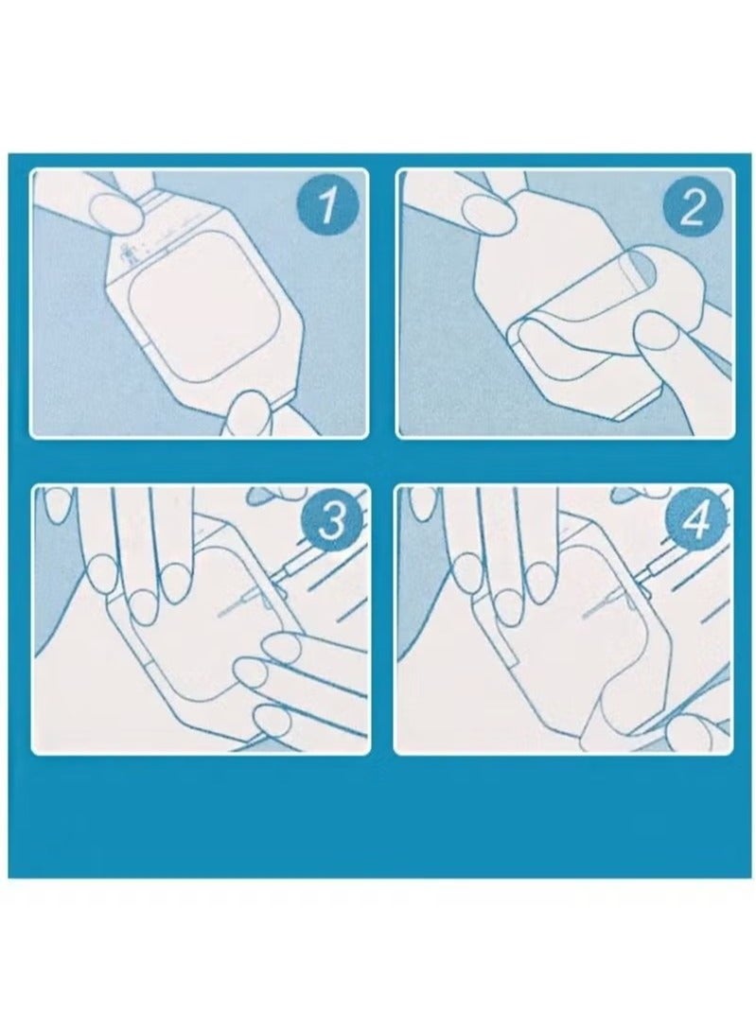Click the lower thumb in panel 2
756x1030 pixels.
click(x=658, y=335)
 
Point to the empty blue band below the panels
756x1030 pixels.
click(x=380, y=815)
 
